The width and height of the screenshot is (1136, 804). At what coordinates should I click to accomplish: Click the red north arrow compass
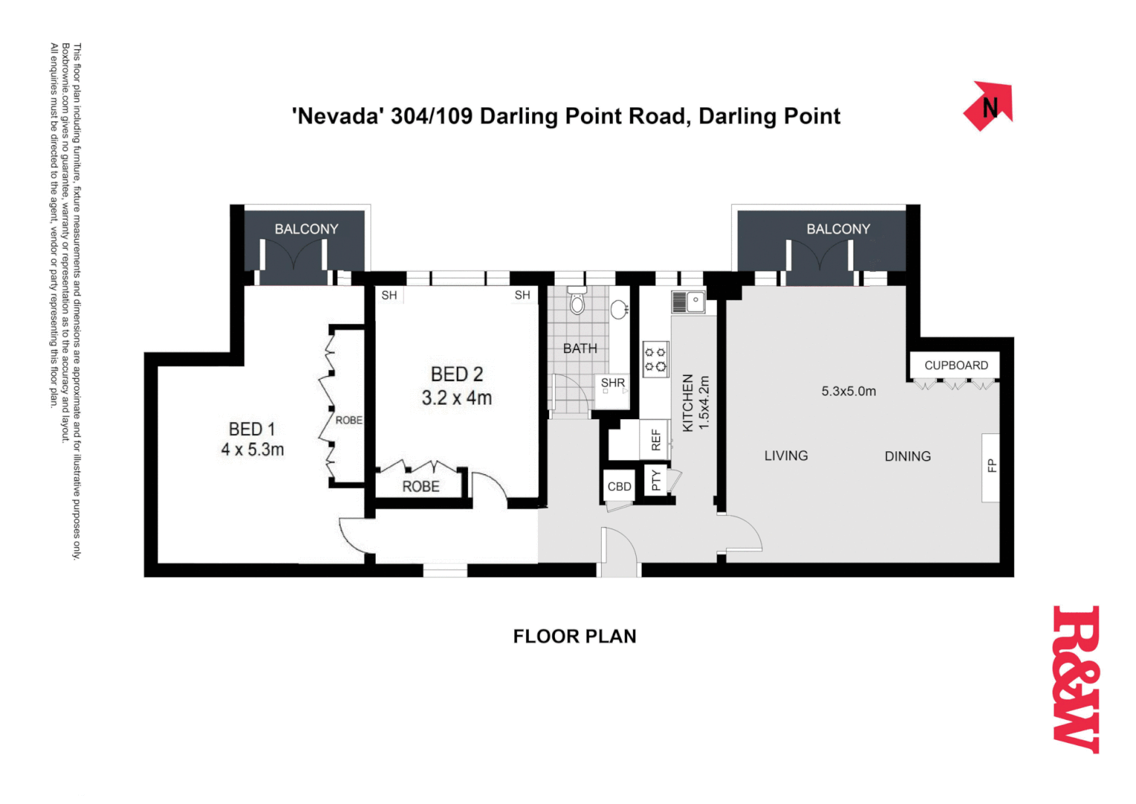pyautogui.click(x=989, y=106)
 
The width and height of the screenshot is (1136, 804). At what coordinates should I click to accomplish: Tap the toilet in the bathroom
pyautogui.click(x=577, y=302)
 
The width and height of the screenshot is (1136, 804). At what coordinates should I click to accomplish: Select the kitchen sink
pyautogui.click(x=688, y=301)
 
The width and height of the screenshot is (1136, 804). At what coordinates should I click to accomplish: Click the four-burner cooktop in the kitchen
pyautogui.click(x=655, y=359)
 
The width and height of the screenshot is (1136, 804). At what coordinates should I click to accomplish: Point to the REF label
pyautogui.click(x=655, y=440)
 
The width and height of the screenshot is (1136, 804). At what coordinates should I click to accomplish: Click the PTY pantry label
pyautogui.click(x=655, y=480)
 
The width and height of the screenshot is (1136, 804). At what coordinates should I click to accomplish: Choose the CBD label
pyautogui.click(x=619, y=487)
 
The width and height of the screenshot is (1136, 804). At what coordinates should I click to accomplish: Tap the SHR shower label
pyautogui.click(x=613, y=383)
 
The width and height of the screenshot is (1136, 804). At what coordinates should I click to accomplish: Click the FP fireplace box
pyautogui.click(x=991, y=467)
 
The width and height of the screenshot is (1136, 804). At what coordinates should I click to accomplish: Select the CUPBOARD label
pyautogui.click(x=956, y=366)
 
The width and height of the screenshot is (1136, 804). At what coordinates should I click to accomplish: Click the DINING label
pyautogui.click(x=908, y=456)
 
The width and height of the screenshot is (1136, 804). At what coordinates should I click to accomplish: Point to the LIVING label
pyautogui.click(x=786, y=456)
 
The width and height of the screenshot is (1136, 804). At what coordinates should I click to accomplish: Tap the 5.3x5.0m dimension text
pyautogui.click(x=848, y=391)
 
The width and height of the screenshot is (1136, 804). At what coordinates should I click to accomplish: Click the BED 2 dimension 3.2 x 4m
pyautogui.click(x=457, y=398)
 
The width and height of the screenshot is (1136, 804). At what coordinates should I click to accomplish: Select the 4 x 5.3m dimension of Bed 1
pyautogui.click(x=252, y=450)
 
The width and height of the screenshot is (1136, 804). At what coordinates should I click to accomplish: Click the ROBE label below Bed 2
pyautogui.click(x=421, y=486)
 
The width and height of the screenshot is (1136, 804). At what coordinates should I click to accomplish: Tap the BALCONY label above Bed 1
pyautogui.click(x=307, y=229)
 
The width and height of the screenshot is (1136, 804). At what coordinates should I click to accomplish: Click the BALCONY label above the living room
pyautogui.click(x=838, y=229)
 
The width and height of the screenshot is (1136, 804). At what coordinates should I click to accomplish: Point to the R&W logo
pyautogui.click(x=1076, y=679)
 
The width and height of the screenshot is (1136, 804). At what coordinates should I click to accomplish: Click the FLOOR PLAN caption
pyautogui.click(x=574, y=636)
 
